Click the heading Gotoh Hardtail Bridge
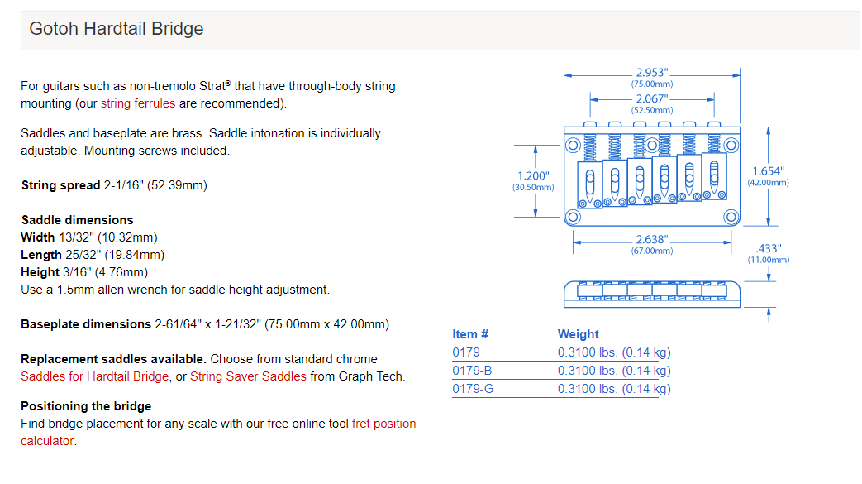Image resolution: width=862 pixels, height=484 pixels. [x=116, y=29]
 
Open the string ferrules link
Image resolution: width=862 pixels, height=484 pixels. [x=138, y=103]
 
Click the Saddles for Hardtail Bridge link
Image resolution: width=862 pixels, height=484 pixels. [x=96, y=376]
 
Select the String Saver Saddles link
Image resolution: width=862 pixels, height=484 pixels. [x=248, y=376]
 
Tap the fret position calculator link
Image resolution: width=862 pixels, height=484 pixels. [x=383, y=424]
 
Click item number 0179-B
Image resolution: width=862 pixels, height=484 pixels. [x=472, y=370]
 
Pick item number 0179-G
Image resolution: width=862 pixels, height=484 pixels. [x=473, y=388]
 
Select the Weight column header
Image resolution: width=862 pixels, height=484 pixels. [x=579, y=334]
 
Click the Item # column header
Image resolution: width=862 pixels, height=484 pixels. [x=470, y=334]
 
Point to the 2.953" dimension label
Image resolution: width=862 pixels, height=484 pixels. [x=652, y=73]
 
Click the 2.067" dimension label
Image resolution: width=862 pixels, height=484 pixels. [x=652, y=99]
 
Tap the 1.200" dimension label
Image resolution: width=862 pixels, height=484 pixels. [x=532, y=176]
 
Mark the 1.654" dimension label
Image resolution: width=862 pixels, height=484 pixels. [x=769, y=171]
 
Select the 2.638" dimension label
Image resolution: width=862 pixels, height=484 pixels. [x=652, y=240]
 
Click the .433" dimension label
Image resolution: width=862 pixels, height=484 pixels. [x=769, y=248]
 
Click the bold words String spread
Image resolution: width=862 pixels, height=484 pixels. [x=60, y=185]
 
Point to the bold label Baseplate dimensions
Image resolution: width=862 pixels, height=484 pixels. [x=86, y=324]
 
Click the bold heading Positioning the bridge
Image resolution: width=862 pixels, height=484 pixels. [x=86, y=406]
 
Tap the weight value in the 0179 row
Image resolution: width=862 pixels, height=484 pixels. [x=614, y=352]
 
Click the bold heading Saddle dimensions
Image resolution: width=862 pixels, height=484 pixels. [x=77, y=220]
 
